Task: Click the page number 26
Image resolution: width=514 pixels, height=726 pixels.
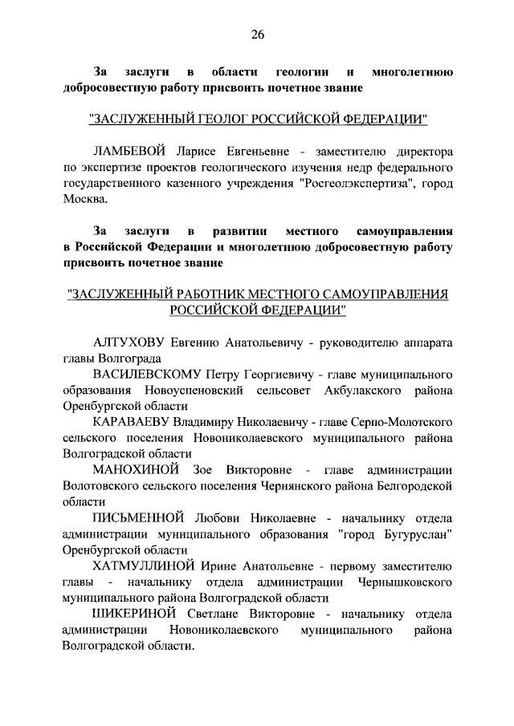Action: (257, 34)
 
